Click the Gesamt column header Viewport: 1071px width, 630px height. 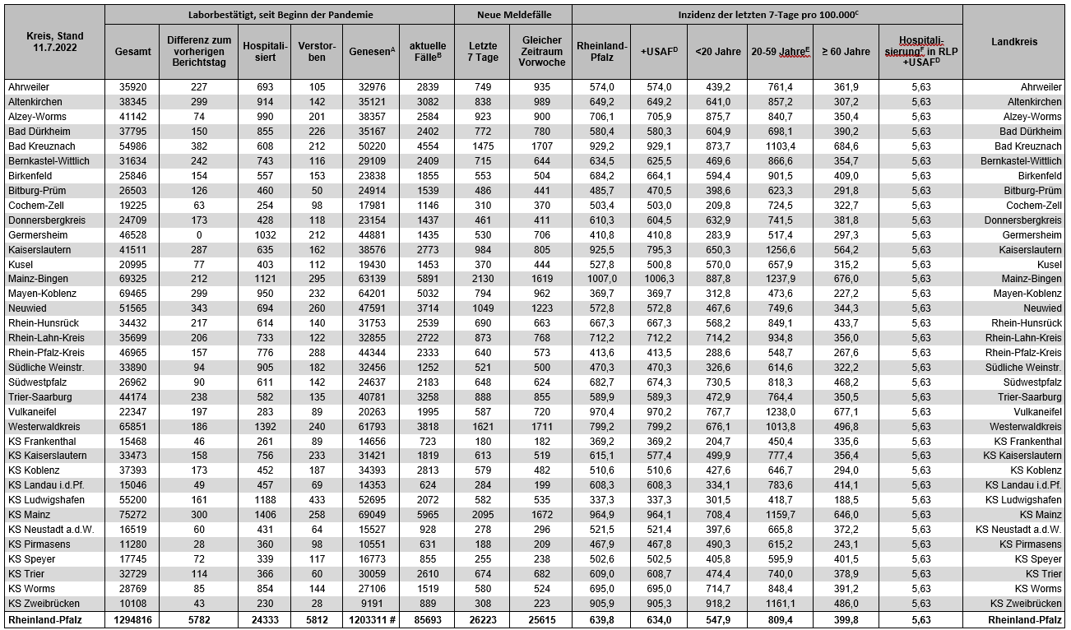click(x=132, y=51)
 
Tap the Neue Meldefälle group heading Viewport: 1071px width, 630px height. click(x=514, y=15)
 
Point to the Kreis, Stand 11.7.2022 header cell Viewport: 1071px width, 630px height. click(x=53, y=42)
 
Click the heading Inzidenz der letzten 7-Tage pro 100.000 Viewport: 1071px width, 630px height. click(x=767, y=15)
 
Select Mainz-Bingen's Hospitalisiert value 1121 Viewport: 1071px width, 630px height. click(x=265, y=279)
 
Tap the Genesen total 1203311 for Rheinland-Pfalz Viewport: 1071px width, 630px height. click(x=370, y=620)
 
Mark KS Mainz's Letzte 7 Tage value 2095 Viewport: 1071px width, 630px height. click(x=483, y=515)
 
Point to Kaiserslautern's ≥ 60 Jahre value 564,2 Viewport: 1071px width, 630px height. click(x=846, y=249)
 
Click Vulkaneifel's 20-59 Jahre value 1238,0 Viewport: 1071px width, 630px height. click(x=780, y=411)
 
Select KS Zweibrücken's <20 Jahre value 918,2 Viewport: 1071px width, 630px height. click(x=717, y=604)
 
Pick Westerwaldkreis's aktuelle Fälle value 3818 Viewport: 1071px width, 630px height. click(x=428, y=426)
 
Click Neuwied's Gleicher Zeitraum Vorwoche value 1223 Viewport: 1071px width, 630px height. click(x=541, y=308)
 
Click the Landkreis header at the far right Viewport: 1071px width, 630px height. click(x=1013, y=42)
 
